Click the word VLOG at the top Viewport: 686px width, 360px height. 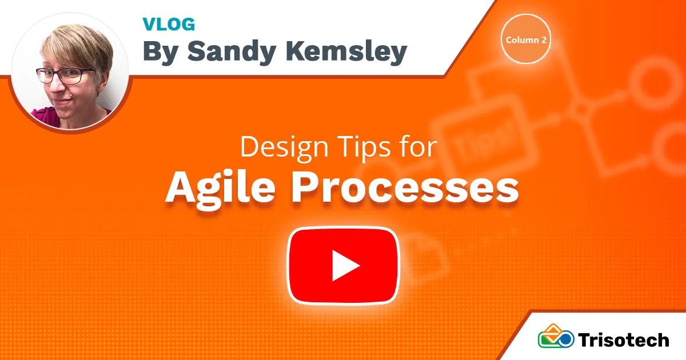click(x=169, y=24)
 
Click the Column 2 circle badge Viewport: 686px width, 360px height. click(x=526, y=39)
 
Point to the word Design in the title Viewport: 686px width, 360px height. click(x=284, y=147)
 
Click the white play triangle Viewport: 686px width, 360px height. click(x=346, y=266)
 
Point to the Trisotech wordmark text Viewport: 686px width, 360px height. click(x=624, y=340)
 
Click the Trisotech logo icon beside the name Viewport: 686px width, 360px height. click(x=556, y=336)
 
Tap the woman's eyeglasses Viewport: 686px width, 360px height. click(x=65, y=75)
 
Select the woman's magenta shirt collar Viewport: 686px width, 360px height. click(x=46, y=115)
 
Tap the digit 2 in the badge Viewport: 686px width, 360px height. click(x=544, y=40)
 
